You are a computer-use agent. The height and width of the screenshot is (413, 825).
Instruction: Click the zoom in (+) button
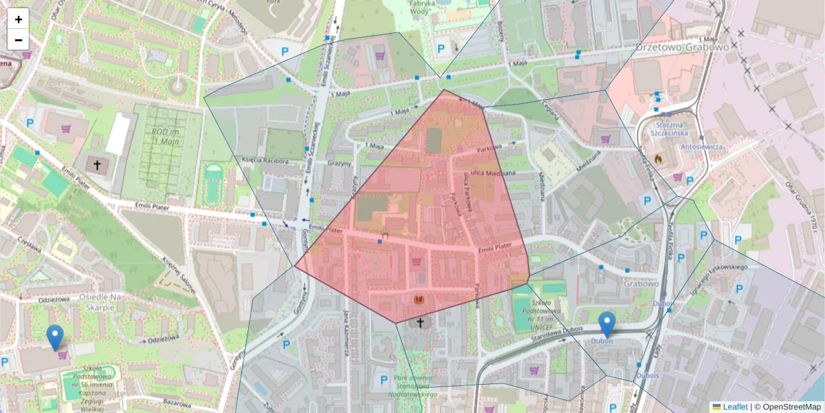click(19, 19)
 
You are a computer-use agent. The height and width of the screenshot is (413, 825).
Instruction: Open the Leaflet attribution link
click(734, 407)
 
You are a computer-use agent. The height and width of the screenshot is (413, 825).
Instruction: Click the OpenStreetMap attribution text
click(791, 407)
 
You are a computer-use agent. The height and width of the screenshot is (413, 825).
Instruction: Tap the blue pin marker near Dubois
click(606, 324)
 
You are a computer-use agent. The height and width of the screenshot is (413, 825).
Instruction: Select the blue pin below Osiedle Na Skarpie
click(55, 337)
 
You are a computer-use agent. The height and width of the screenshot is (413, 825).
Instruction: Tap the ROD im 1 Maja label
click(163, 136)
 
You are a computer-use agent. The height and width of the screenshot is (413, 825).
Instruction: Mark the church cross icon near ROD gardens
click(97, 165)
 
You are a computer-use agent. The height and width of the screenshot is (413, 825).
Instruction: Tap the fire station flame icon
click(658, 159)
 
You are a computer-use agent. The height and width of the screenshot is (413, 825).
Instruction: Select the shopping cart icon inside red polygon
click(416, 262)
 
